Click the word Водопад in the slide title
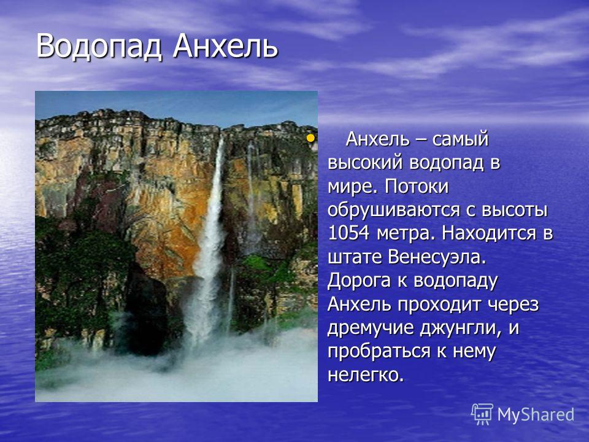point(99,47)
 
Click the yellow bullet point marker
point(310,138)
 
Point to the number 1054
point(348,233)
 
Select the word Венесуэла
point(437,257)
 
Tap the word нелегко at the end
point(366,374)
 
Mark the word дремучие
point(370,328)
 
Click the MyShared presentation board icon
point(482,414)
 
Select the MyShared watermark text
point(536,414)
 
